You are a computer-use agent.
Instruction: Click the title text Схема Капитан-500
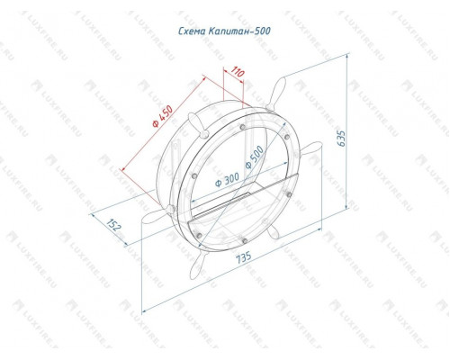click(x=224, y=31)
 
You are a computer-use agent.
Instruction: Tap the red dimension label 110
click(x=238, y=73)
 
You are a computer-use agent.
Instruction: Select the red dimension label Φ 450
click(x=163, y=116)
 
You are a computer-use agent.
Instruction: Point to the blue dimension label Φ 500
click(x=254, y=157)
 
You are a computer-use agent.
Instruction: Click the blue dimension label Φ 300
click(x=227, y=179)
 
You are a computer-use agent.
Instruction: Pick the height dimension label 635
click(x=341, y=139)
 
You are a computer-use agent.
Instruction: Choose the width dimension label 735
click(x=243, y=257)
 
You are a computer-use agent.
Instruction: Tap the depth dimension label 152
click(x=114, y=225)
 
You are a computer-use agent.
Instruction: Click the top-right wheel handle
click(x=276, y=93)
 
